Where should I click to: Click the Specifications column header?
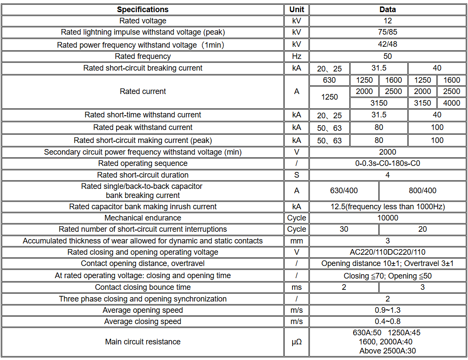click(x=143, y=9)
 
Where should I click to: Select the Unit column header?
click(x=296, y=9)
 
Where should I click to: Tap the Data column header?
click(x=387, y=9)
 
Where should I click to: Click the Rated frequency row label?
click(x=143, y=56)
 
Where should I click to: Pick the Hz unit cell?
click(x=296, y=56)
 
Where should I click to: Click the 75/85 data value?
click(x=387, y=32)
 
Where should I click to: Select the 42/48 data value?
click(x=387, y=44)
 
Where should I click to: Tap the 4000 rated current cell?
click(x=452, y=103)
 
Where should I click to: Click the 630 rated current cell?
click(x=329, y=80)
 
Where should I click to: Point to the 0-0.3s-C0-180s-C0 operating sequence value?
click(x=387, y=163)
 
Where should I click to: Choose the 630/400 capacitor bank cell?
click(x=344, y=191)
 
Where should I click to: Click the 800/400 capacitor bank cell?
click(x=422, y=191)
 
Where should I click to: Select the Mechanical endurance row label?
click(x=143, y=218)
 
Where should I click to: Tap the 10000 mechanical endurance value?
click(x=387, y=218)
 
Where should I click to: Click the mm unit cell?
click(x=296, y=241)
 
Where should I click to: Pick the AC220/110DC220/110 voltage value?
click(x=387, y=252)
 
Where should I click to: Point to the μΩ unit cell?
click(x=296, y=342)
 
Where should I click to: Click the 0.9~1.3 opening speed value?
click(x=387, y=310)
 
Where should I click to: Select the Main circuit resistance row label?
click(x=143, y=342)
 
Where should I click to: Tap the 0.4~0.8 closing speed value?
click(x=387, y=321)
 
